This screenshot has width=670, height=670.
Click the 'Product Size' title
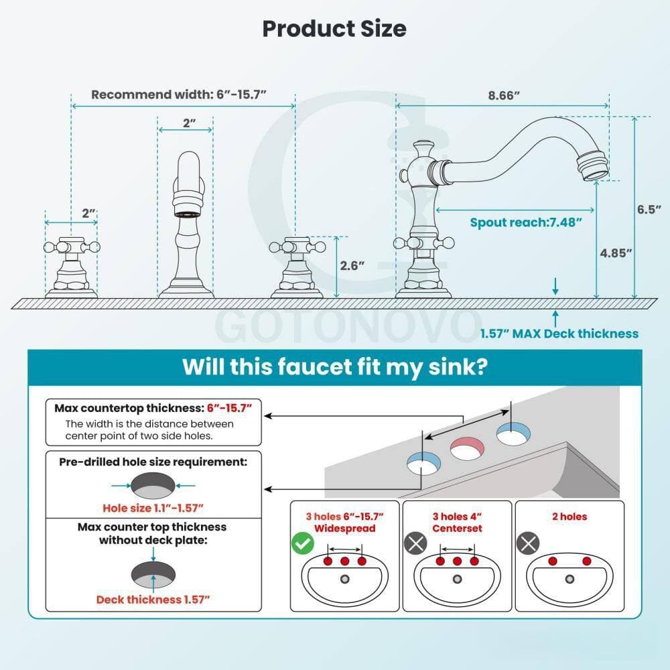334,29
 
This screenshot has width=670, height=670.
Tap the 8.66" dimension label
504,95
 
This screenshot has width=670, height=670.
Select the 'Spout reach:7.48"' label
525,222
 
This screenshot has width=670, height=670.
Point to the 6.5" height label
649,209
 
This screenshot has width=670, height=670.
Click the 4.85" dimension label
616,253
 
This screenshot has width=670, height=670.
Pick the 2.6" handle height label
352,266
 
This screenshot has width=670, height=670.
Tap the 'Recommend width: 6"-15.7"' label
179,94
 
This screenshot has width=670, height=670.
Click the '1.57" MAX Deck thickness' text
559,334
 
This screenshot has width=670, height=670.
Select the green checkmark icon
303,543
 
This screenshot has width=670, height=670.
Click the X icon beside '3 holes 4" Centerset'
415,543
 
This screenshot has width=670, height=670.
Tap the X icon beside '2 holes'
528,543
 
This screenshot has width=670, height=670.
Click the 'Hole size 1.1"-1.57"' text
153,508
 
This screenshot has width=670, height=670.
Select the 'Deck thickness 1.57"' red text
153,600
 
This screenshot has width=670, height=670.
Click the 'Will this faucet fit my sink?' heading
334,366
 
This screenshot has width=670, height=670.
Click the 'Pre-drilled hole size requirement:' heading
153,462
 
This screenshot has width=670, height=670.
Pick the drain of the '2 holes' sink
569,580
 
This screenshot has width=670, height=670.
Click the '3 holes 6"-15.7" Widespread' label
345,522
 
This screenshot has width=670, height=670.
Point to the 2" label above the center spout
190,123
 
